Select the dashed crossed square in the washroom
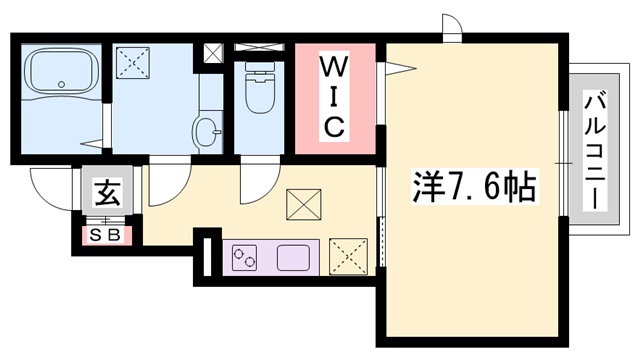tap(134, 66)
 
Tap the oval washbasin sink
tap(206, 130)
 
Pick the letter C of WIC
tap(334, 126)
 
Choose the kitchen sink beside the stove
tap(296, 256)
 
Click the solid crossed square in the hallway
tap(301, 204)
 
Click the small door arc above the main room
tap(451, 28)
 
